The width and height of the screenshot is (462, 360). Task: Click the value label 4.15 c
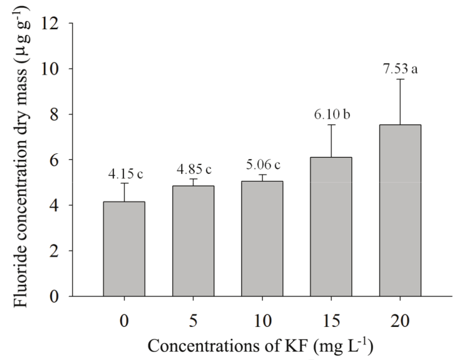point(125,174)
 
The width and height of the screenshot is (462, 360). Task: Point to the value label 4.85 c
point(194,169)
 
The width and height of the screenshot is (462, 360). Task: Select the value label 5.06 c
point(262,164)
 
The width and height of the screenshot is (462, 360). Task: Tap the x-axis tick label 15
point(331,320)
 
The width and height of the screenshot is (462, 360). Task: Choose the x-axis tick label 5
point(193,320)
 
